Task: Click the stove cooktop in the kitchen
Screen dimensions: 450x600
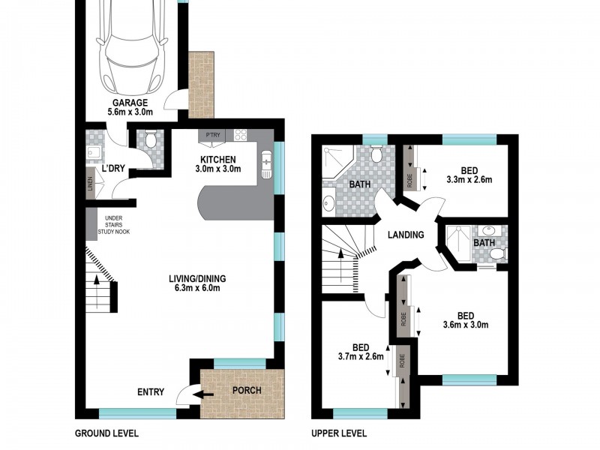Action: [241, 136]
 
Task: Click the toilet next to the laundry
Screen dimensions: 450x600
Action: [150, 139]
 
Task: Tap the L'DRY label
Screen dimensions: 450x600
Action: [112, 168]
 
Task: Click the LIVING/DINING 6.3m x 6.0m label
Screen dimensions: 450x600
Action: [198, 283]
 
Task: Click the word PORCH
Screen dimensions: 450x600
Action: [247, 390]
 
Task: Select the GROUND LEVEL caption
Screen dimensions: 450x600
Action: [106, 433]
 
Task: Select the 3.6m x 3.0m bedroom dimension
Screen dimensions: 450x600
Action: [466, 325]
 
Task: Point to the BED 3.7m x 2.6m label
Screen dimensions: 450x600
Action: [361, 352]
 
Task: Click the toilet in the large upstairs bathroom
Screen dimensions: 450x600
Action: [377, 154]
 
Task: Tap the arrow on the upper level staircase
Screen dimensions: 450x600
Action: [343, 259]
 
